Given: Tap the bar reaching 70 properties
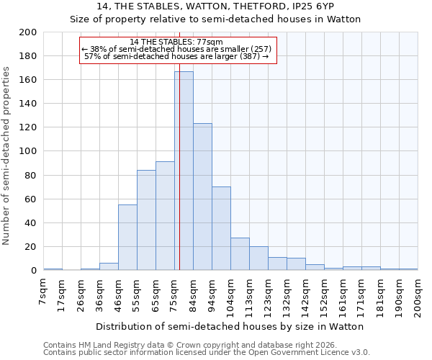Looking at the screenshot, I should [221, 228].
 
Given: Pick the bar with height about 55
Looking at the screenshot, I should [127, 238].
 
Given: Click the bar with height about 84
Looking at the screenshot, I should [146, 220].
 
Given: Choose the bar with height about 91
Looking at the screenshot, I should [165, 216].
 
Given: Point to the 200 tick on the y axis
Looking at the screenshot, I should [29, 32].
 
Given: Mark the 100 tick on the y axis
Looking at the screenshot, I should [29, 151].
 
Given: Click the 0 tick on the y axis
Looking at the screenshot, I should [34, 271].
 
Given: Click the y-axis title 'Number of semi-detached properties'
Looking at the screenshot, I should [6, 156].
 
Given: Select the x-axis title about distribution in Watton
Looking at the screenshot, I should [230, 326].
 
